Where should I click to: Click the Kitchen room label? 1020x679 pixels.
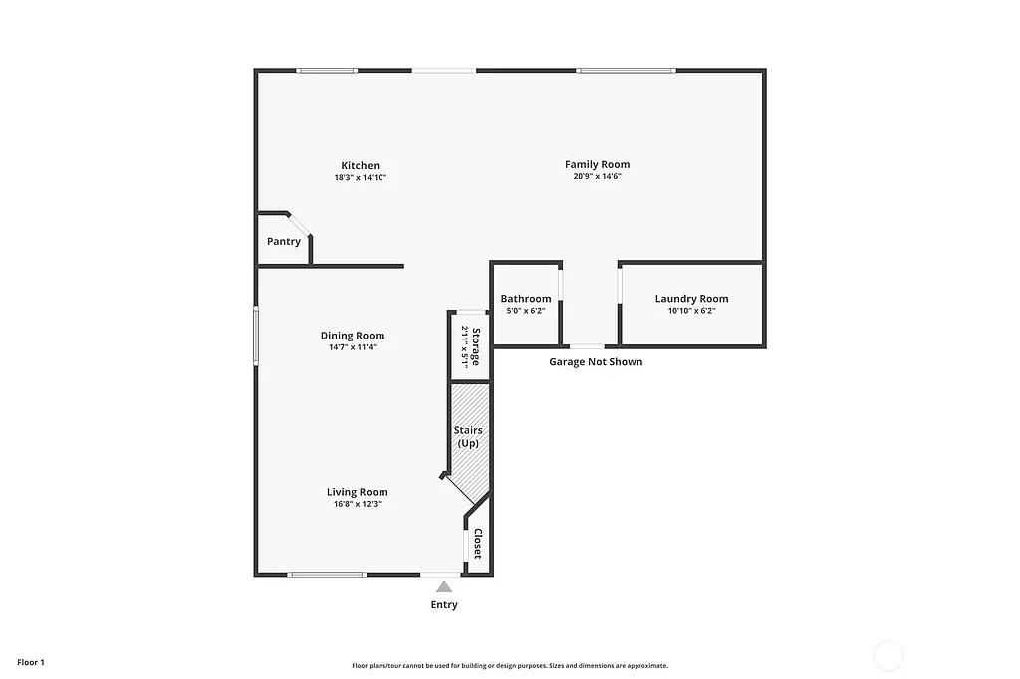tap(360, 165)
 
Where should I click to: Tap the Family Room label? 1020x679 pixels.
tap(597, 164)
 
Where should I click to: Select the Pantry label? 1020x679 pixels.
tap(284, 242)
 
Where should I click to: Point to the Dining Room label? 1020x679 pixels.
tap(353, 336)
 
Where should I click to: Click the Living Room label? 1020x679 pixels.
tap(357, 492)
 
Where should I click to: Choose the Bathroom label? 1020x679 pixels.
tap(526, 299)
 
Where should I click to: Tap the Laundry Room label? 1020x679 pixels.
tap(691, 299)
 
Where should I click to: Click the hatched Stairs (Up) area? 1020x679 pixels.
tap(469, 438)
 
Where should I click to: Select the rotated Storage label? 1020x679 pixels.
tap(476, 346)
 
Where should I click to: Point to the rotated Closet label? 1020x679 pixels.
tap(477, 544)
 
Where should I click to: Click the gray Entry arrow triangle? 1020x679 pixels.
tap(444, 586)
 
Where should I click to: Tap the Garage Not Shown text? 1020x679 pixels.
tap(596, 362)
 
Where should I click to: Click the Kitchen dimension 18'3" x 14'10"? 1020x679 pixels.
tap(360, 177)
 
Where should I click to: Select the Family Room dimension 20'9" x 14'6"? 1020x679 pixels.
tap(597, 176)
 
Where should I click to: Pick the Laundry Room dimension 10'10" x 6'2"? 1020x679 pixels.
tap(691, 311)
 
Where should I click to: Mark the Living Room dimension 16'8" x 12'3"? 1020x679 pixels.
tap(357, 504)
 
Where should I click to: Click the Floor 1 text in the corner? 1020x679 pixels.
tap(31, 662)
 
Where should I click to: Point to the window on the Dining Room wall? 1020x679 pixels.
tap(256, 338)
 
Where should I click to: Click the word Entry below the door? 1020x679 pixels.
tap(444, 604)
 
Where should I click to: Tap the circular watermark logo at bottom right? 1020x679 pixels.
tap(888, 656)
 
